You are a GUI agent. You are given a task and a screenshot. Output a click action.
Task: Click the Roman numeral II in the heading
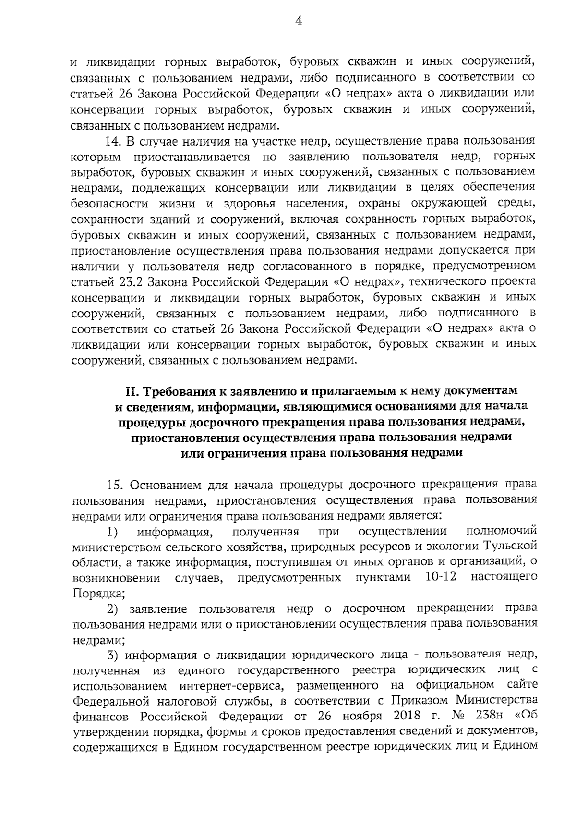pos(131,391)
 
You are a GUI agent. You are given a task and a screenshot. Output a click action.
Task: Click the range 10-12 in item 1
pos(441,577)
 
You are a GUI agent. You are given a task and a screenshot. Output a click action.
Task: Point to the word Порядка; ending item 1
pos(98,593)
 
